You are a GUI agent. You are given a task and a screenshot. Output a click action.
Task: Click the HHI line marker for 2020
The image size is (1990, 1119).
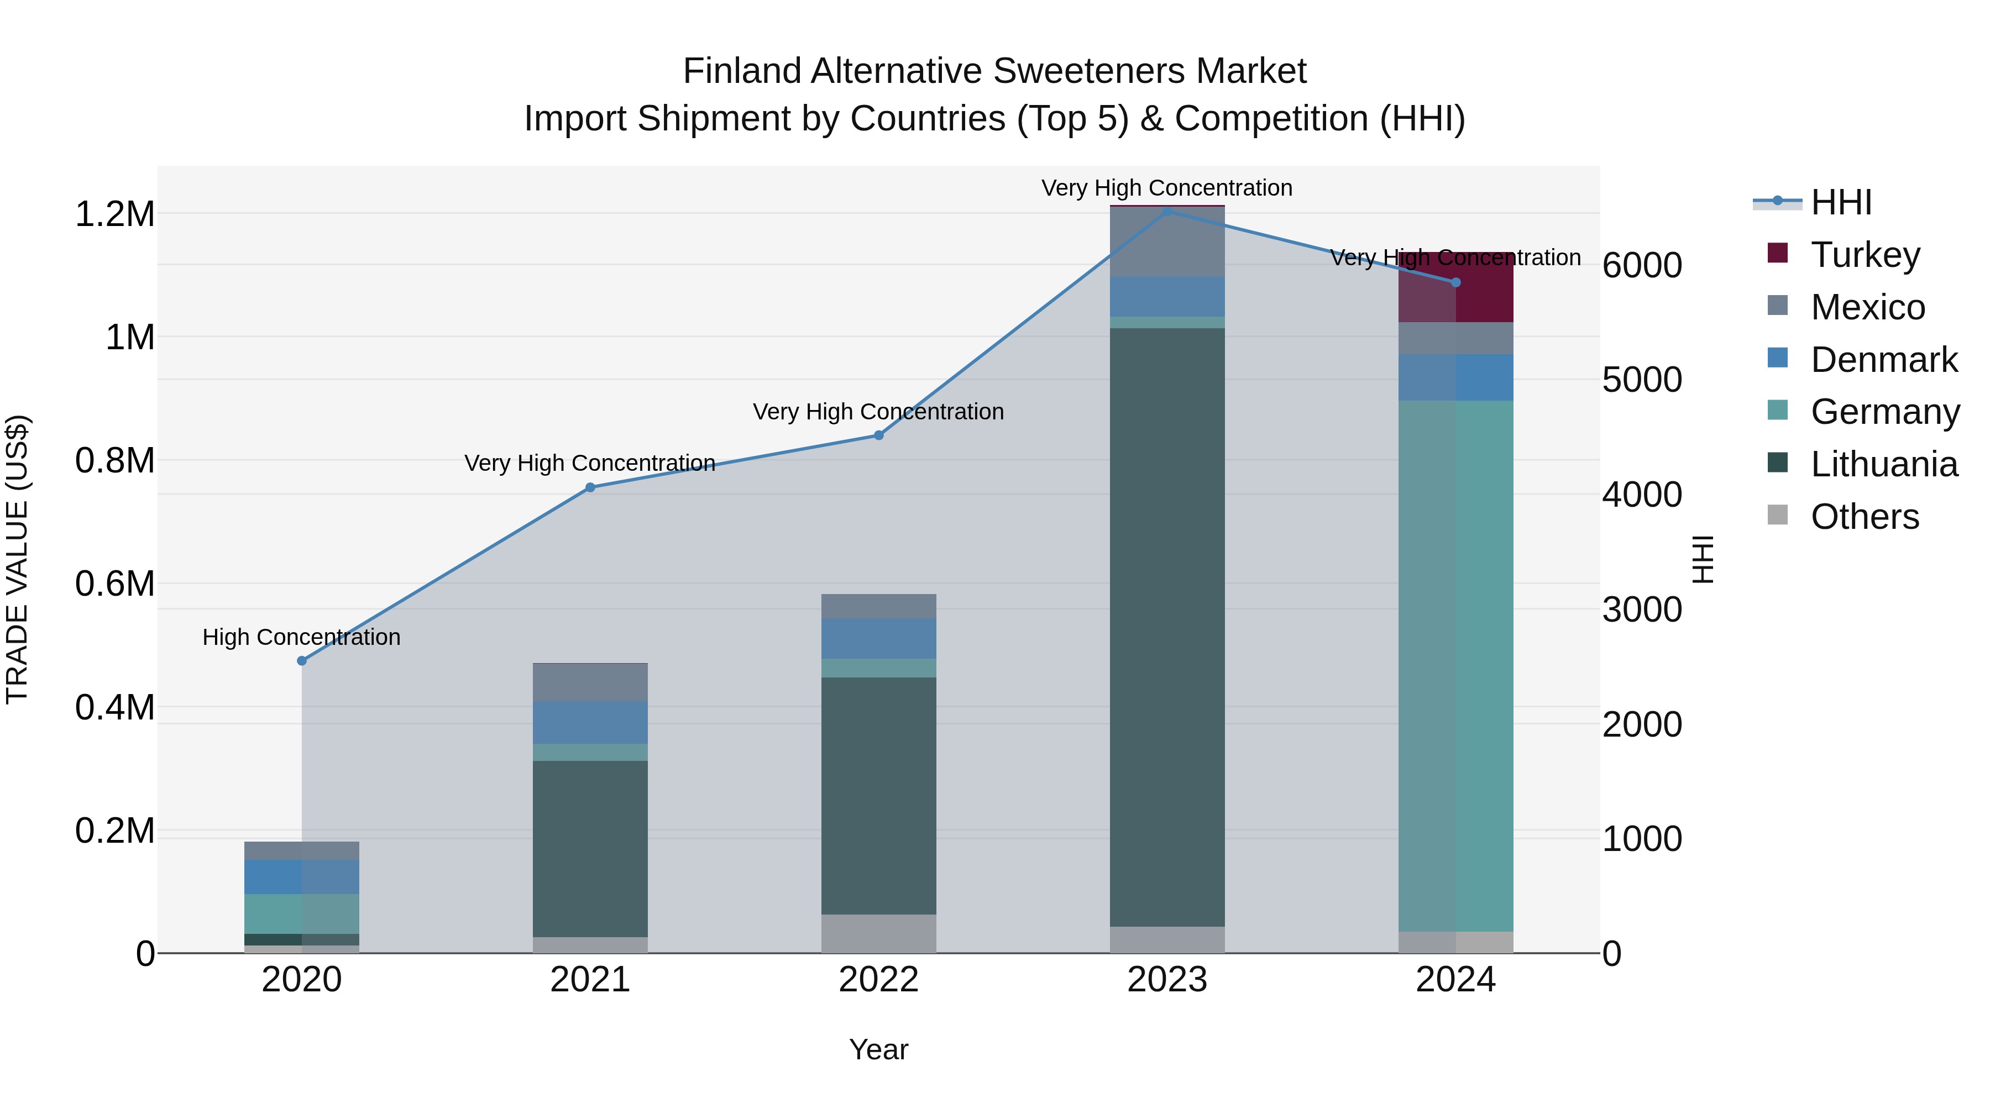302,661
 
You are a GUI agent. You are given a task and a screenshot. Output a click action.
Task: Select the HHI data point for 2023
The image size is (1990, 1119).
1167,212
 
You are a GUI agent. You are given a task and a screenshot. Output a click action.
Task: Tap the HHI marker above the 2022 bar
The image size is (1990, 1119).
878,435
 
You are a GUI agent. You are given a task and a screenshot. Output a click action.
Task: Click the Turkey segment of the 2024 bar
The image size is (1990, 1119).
1456,287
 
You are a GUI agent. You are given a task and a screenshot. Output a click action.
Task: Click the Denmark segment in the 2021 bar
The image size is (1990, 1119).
590,723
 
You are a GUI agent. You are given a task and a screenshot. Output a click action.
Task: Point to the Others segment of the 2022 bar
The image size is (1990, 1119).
878,934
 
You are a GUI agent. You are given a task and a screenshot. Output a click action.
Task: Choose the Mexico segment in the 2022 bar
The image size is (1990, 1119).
878,606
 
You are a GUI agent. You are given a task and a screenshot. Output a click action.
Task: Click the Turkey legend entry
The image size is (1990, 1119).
1865,255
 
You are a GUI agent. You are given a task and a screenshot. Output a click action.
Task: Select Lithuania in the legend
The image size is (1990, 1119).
1883,464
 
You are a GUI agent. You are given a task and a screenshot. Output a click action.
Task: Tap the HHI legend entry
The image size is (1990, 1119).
1841,202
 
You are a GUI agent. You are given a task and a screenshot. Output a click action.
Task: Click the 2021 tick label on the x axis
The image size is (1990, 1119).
590,980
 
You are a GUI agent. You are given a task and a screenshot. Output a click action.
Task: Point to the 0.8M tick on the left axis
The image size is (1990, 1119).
115,461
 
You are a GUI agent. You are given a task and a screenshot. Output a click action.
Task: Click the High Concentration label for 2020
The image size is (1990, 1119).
301,637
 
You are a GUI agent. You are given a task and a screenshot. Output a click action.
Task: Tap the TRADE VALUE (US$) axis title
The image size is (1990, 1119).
17,559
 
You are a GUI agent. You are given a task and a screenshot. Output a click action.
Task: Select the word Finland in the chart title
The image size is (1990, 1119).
742,71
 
